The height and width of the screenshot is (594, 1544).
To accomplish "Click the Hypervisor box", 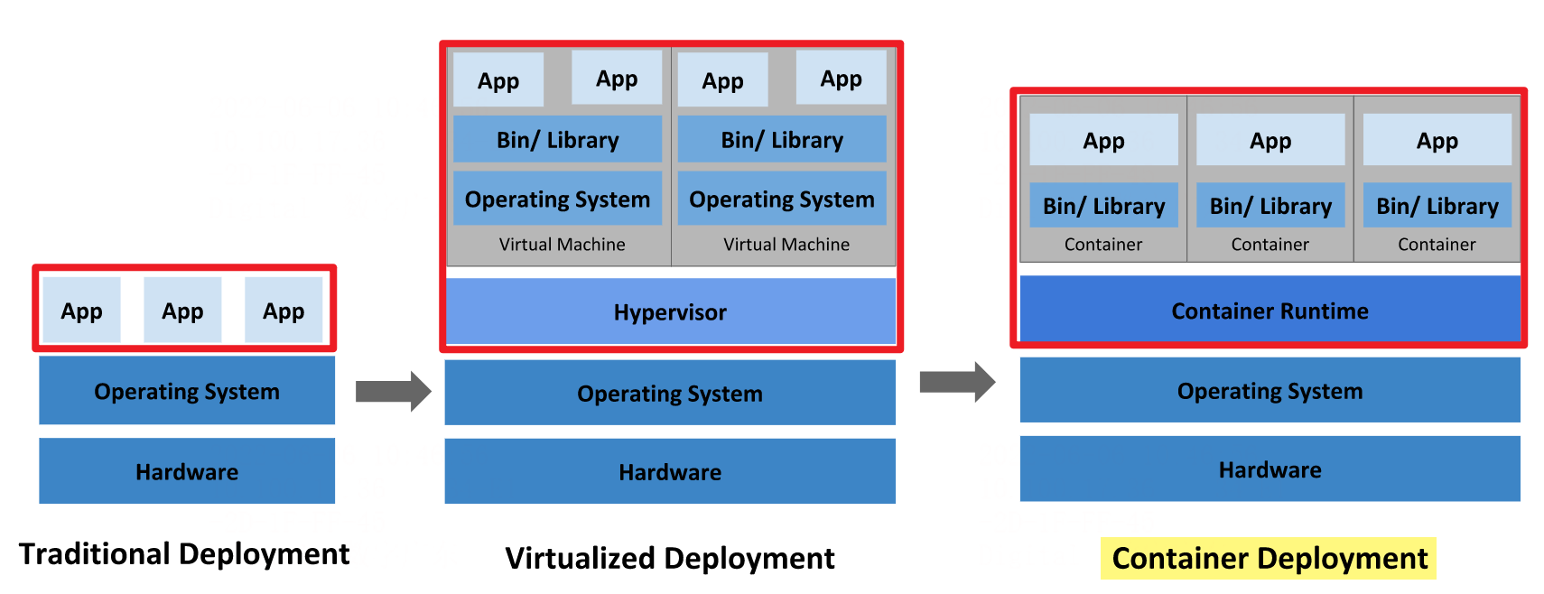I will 670,311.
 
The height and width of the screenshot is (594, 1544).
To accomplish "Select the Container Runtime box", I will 1269,311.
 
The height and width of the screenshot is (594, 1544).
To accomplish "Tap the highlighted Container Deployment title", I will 1269,558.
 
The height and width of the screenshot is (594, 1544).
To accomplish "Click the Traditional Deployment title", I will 184,553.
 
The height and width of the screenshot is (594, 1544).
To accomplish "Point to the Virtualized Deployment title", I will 669,558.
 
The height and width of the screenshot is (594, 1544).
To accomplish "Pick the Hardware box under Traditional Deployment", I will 187,471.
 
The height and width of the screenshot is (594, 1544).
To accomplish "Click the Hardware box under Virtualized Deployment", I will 670,471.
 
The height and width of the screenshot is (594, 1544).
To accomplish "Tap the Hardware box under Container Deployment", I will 1270,469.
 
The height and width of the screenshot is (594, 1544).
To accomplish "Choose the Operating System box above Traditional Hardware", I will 187,391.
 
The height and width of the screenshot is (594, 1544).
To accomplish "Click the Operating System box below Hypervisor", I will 670,393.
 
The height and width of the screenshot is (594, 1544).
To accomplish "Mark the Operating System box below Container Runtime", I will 1270,390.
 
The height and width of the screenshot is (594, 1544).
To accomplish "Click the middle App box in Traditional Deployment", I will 182,311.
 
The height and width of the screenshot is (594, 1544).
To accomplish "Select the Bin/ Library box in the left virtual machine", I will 557,140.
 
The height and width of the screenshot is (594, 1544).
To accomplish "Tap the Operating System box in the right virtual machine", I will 782,199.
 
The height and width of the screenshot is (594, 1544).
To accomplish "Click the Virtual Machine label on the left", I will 562,244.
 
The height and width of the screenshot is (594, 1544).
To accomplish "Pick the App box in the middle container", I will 1270,140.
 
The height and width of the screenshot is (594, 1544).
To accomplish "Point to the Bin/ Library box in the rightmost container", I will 1437,206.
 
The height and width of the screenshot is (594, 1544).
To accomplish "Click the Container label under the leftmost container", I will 1102,244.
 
